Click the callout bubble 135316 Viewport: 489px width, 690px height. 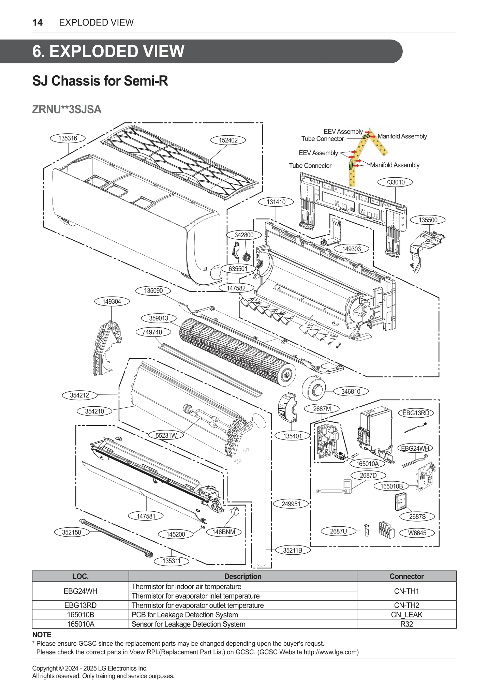point(68,138)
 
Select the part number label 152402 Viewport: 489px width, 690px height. point(228,140)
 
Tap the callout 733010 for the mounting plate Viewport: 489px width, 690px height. point(395,182)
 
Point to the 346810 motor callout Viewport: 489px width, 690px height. point(351,391)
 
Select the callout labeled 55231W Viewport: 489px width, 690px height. point(166,435)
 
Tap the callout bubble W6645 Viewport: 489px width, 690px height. point(417,533)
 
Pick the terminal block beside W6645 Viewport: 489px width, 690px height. point(386,530)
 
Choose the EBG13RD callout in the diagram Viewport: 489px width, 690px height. point(416,413)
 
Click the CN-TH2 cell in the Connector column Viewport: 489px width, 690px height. point(406,605)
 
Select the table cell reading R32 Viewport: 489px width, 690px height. point(406,624)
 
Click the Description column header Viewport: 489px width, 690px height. point(242,576)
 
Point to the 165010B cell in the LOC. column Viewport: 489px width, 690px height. point(80,615)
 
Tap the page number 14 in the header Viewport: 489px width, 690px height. point(38,22)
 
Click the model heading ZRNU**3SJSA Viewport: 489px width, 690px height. point(67,109)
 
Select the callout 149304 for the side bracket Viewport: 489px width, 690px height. point(112,301)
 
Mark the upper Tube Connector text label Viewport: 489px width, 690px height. point(322,139)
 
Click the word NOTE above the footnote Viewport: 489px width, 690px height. point(42,634)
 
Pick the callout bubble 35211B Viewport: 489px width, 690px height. point(293,550)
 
